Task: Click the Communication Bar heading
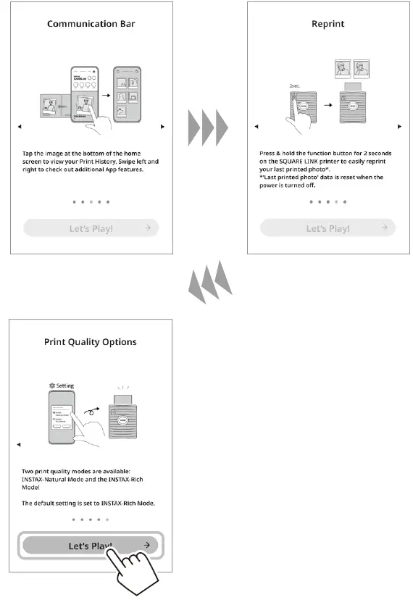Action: (91, 23)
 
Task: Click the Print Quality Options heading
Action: (91, 341)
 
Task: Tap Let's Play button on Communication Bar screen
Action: (91, 228)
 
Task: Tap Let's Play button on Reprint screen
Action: (328, 228)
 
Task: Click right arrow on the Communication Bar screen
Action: (162, 127)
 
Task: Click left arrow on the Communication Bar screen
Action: (20, 127)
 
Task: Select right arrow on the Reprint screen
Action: (399, 127)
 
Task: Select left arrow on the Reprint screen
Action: (256, 127)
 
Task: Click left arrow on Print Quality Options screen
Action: (20, 444)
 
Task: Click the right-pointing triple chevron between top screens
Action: (209, 128)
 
